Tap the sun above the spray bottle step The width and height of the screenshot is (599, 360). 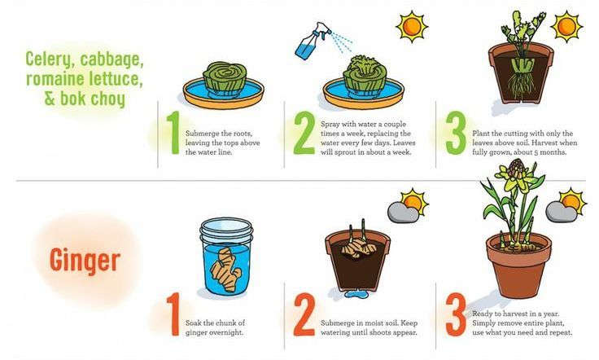point(412,27)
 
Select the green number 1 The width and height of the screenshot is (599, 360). point(174,133)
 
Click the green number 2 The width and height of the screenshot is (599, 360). point(304,133)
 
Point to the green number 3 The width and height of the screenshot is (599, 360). point(456,133)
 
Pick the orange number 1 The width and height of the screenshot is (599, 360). point(173,314)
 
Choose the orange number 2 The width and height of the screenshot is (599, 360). point(304,314)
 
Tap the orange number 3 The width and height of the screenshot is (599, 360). point(456,314)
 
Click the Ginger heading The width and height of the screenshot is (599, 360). point(85,261)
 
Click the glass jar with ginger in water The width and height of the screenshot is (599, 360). point(226,256)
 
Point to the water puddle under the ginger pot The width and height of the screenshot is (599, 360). point(355,294)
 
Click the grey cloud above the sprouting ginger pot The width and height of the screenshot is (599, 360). point(402,212)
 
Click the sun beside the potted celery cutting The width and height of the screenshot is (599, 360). point(566,27)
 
